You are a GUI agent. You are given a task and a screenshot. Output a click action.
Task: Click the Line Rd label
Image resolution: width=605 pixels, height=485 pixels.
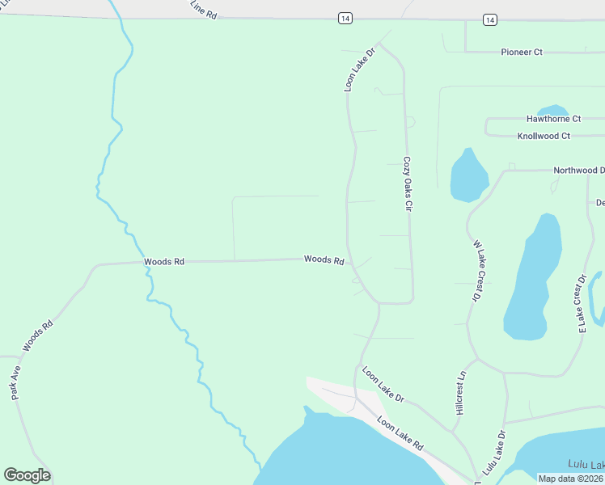point(204,11)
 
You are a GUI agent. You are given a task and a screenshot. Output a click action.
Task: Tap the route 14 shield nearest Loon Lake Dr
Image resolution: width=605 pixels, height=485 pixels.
point(345,18)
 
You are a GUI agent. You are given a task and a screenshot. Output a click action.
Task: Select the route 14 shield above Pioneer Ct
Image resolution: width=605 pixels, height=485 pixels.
point(489,18)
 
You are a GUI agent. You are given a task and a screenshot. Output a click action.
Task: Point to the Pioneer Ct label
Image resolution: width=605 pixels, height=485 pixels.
point(521,52)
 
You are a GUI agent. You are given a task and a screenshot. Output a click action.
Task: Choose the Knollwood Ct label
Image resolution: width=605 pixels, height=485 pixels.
point(544,136)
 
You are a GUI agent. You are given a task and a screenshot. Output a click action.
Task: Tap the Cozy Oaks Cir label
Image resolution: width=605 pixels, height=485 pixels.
point(408,183)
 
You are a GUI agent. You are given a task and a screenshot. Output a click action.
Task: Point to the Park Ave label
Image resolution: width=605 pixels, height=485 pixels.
point(15,382)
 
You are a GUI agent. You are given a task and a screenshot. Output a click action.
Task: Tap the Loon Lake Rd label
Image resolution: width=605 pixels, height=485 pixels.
point(400,434)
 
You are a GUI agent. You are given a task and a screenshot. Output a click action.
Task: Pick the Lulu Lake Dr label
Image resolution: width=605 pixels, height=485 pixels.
point(493,451)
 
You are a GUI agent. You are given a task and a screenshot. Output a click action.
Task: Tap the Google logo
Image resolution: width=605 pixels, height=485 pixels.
point(27,475)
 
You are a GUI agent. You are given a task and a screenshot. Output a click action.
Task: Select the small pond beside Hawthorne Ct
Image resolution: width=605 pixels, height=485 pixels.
point(552,110)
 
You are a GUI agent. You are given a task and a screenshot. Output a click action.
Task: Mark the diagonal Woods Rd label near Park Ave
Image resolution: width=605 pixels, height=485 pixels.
point(37,335)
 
